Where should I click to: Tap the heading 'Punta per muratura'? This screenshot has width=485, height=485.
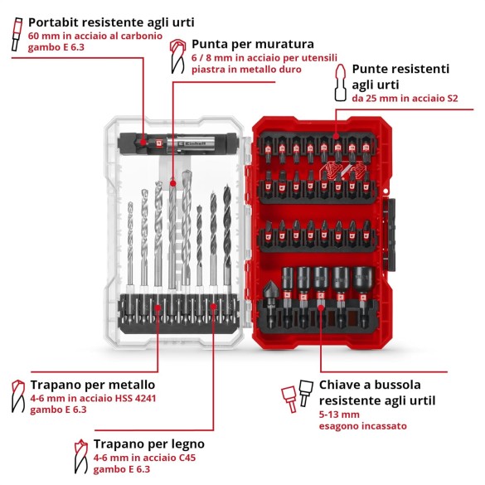click(x=240, y=44)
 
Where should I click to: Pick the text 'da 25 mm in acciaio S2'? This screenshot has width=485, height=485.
click(x=405, y=99)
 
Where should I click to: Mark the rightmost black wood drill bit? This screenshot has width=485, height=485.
click(x=226, y=240)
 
